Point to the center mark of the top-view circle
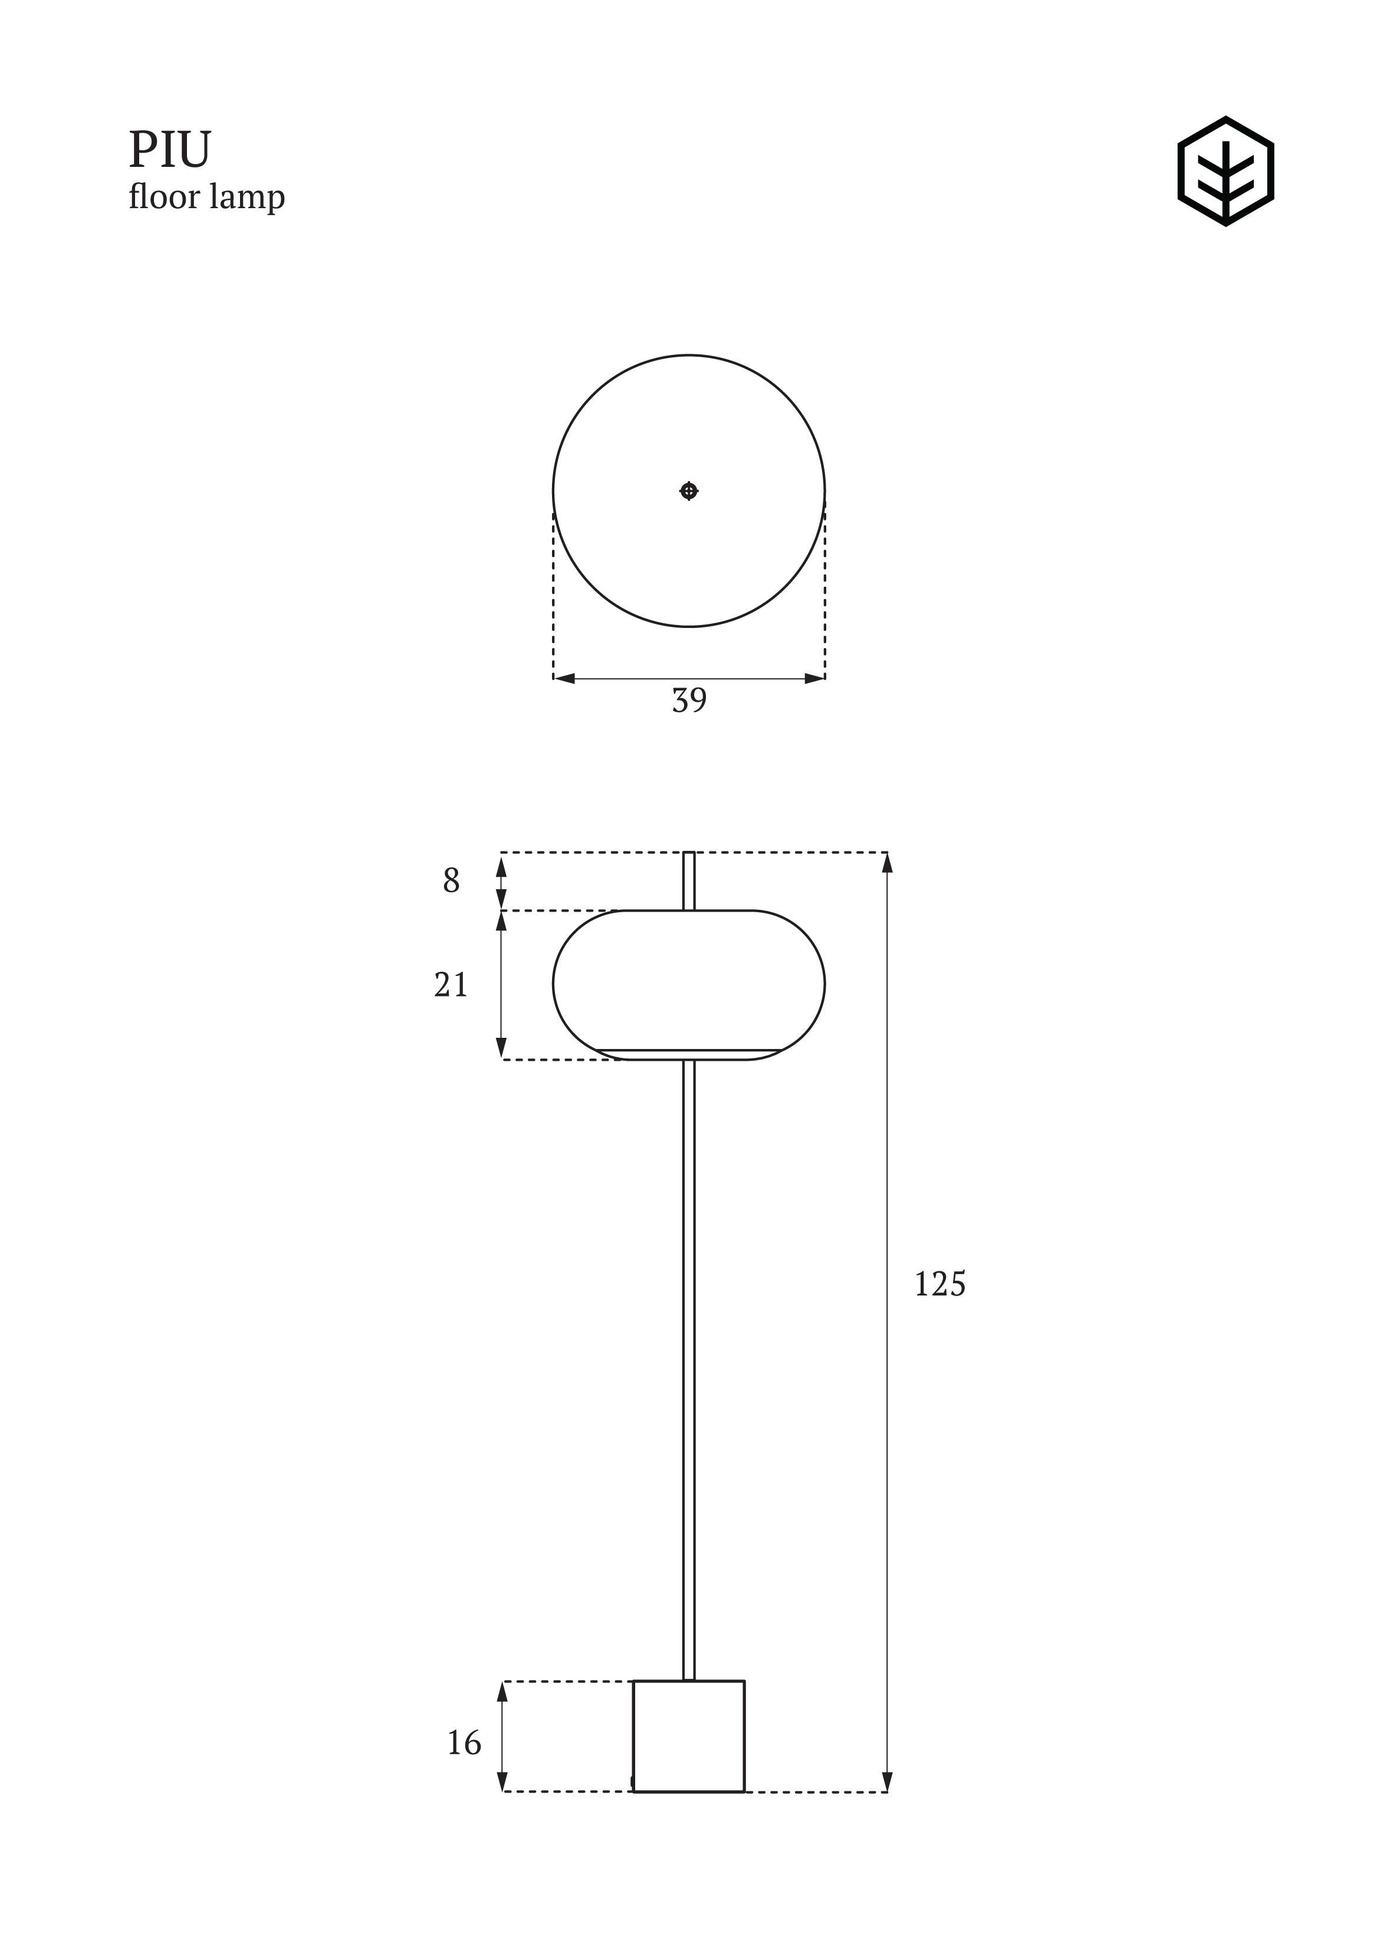tap(689, 491)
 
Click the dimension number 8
tap(451, 881)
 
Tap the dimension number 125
tap(939, 1284)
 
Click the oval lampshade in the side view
tap(689, 978)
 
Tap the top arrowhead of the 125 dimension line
tap(887, 862)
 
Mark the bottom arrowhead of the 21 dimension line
tap(502, 1049)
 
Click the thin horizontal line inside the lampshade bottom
tap(689, 1049)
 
